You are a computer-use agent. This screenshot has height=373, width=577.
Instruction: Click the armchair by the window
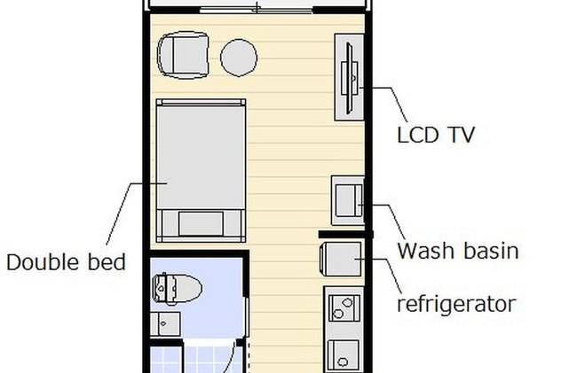(x=183, y=55)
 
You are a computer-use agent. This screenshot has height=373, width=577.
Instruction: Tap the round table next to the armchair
(x=239, y=58)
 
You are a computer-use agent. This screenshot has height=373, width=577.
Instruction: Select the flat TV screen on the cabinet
(x=350, y=78)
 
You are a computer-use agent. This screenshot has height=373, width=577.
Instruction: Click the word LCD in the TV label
(x=418, y=135)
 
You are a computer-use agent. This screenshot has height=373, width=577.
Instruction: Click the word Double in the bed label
(x=43, y=262)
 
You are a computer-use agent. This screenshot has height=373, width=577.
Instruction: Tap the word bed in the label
(x=107, y=262)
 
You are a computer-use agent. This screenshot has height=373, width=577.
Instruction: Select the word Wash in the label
(x=425, y=251)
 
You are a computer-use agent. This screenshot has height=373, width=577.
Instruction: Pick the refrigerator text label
(x=456, y=304)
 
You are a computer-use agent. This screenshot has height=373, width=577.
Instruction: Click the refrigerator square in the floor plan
(x=341, y=260)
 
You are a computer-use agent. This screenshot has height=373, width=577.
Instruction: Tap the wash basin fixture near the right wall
(x=348, y=200)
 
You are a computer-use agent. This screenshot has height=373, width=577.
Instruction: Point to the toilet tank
(x=160, y=289)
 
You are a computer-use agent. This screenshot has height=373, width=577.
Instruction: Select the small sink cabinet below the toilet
(x=165, y=323)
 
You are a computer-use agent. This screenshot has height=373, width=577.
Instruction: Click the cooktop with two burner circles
(x=344, y=308)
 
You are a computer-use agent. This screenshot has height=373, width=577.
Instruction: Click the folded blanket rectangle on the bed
(x=201, y=223)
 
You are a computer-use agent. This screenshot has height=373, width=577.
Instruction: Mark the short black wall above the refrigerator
(x=346, y=234)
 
